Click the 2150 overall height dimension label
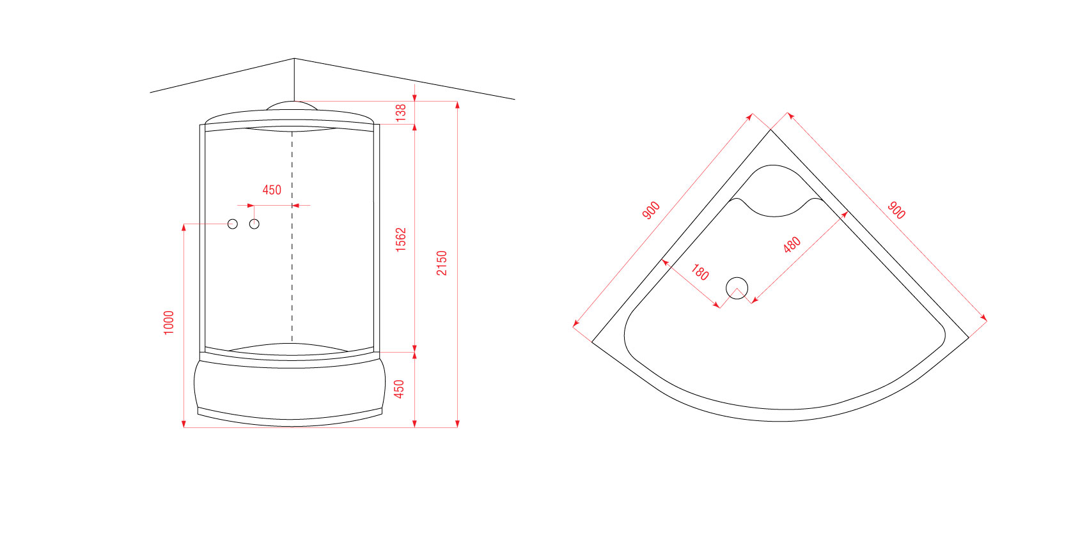tap(442, 263)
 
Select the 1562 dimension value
tap(401, 240)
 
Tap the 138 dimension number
tap(401, 112)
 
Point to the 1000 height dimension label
tap(168, 323)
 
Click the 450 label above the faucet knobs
tap(272, 190)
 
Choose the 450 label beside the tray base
tap(399, 389)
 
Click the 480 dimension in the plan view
tap(792, 245)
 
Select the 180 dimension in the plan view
tap(700, 272)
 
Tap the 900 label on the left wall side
tap(651, 210)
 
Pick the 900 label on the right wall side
tap(896, 210)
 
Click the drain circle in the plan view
tap(737, 278)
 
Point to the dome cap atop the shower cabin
tap(292, 102)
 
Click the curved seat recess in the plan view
tap(774, 216)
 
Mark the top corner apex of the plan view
tap(770, 130)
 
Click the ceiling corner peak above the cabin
tap(294, 59)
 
